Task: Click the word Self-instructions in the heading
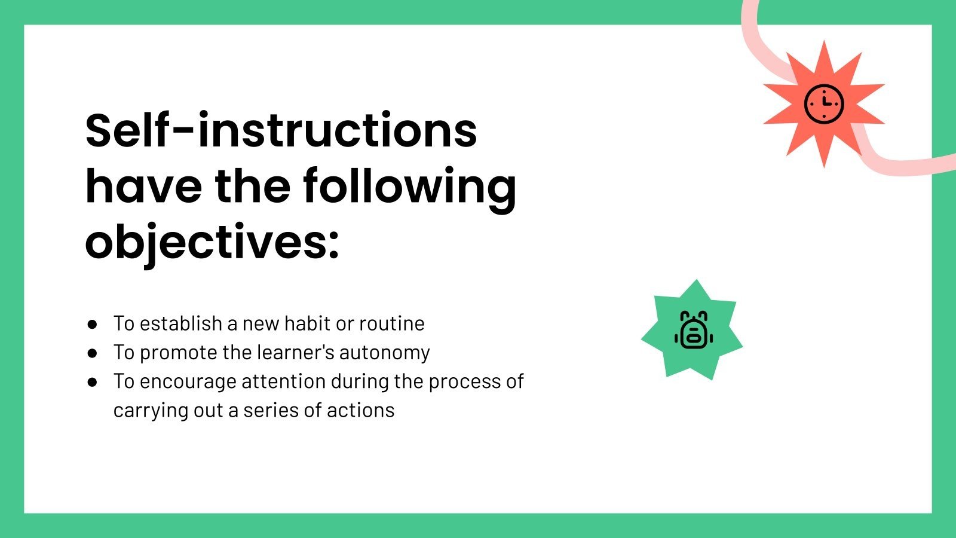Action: click(281, 130)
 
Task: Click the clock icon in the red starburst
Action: click(824, 103)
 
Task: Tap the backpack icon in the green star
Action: click(693, 330)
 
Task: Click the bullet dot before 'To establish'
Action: click(92, 324)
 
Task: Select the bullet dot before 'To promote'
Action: click(92, 353)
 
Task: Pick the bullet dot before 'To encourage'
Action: click(92, 381)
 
